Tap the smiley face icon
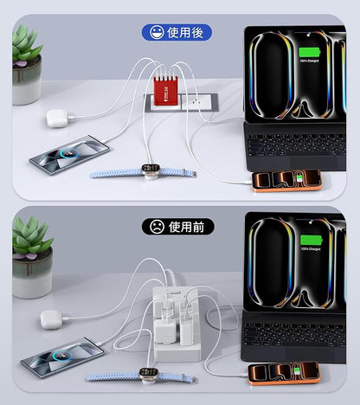coord(156,33)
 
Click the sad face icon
coord(156,227)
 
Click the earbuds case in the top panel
coord(57,119)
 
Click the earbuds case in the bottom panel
coord(53,319)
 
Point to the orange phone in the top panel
coord(286,180)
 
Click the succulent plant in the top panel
coord(26,45)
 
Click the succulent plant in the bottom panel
coord(31,237)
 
